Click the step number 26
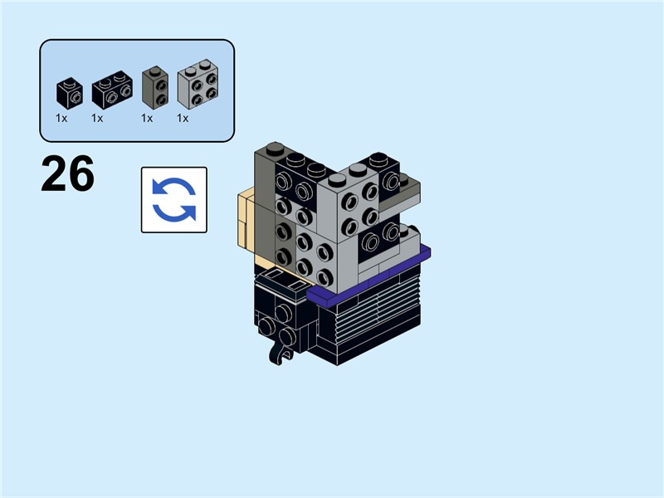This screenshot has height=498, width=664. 68,173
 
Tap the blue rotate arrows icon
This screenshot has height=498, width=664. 174,199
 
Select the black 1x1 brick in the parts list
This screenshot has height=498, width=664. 70,93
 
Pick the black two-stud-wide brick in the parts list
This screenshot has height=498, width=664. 112,90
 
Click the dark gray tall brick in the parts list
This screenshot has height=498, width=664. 155,88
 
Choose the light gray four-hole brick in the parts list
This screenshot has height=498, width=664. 198,84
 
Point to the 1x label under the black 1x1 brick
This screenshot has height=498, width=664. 61,118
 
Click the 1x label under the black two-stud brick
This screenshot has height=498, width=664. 97,118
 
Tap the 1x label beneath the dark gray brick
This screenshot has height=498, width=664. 147,118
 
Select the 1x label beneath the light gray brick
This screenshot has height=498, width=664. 183,118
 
